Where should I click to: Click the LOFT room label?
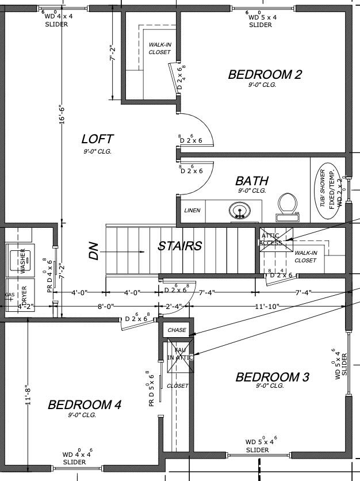97,139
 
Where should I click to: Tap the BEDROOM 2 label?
265,74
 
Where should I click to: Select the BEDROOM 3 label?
272,377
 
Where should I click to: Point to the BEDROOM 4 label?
84,404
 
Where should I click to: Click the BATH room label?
251,181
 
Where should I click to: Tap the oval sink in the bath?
239,211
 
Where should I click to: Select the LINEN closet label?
193,211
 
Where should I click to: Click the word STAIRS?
180,246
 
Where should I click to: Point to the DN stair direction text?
94,251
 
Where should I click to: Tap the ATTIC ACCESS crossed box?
273,240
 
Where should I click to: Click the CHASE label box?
177,330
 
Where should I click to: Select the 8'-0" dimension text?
106,307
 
